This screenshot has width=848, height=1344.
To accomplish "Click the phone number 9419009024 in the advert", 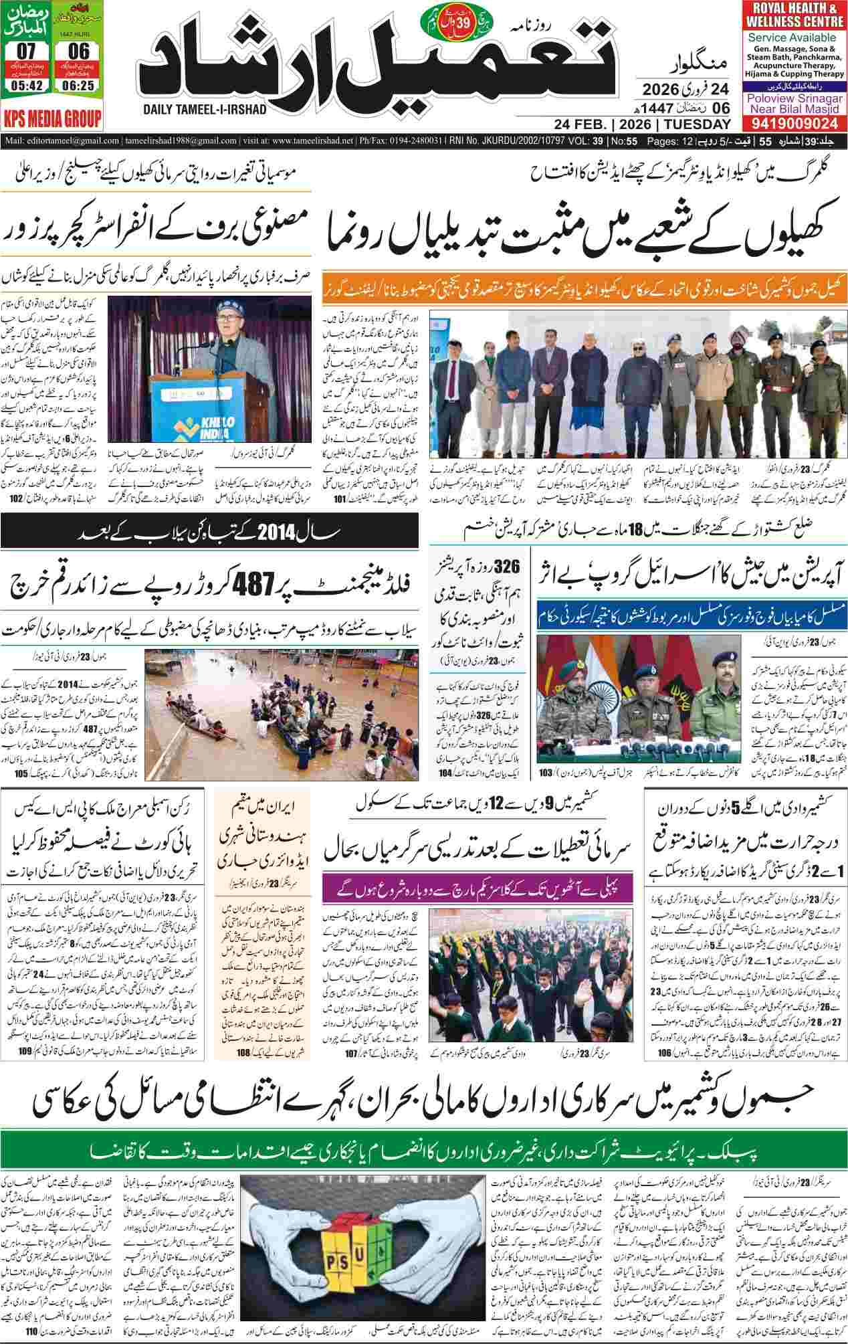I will tap(794, 124).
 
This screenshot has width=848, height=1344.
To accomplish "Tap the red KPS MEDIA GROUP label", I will tap(51, 119).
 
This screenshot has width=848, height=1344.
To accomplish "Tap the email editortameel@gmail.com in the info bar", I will tap(63, 141).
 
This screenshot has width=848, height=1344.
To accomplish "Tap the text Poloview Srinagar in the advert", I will tap(793, 98).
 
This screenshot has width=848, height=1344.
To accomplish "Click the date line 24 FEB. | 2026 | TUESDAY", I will tap(642, 125).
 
